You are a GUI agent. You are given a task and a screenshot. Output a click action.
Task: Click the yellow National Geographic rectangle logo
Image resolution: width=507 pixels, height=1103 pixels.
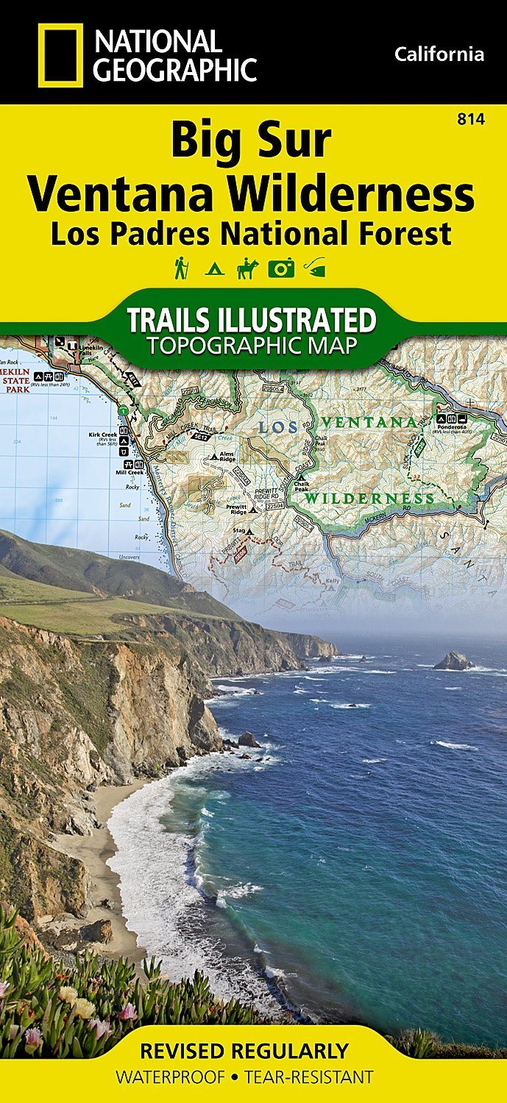pos(61,54)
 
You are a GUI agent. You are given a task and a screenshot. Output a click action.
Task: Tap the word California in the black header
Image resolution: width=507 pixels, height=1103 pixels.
pos(439,54)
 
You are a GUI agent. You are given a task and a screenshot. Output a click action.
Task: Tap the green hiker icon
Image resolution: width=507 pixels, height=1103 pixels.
pos(180,268)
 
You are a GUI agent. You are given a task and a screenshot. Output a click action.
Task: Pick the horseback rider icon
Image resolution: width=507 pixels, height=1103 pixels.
pos(247,268)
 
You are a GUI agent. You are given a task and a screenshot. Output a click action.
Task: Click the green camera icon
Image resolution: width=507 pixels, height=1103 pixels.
pos(280,268)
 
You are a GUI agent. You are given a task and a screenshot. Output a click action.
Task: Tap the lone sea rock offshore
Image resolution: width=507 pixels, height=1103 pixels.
pos(453,662)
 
